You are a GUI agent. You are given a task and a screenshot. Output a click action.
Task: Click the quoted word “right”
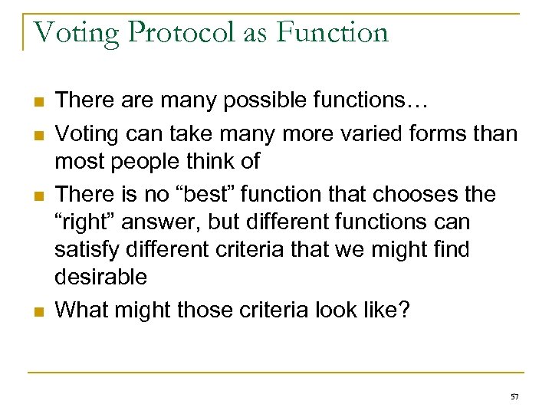tap(86, 222)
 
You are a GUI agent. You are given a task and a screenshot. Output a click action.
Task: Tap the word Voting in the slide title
tap(76, 33)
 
